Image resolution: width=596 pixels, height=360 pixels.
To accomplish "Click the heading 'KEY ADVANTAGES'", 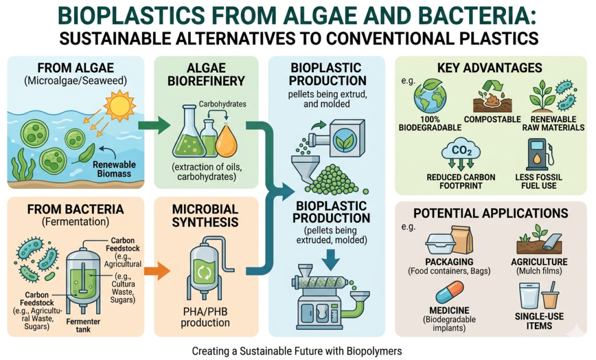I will click(x=489, y=68).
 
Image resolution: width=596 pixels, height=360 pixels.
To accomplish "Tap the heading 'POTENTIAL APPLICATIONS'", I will click(x=489, y=213).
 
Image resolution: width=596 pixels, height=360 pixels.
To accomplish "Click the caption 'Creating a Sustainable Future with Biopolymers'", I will click(x=297, y=351).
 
